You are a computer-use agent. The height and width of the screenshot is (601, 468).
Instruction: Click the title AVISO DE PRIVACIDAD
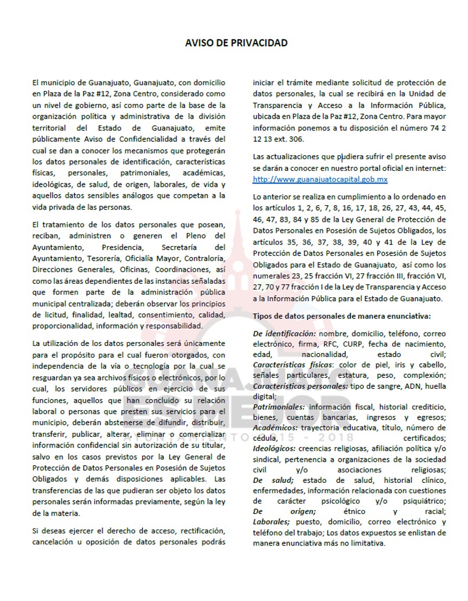coord(236,43)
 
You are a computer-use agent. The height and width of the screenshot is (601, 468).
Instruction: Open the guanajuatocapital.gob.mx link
coord(320,180)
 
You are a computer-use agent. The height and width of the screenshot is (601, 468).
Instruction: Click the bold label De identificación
coord(284,334)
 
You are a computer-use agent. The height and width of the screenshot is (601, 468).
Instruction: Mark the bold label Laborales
coord(271,522)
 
